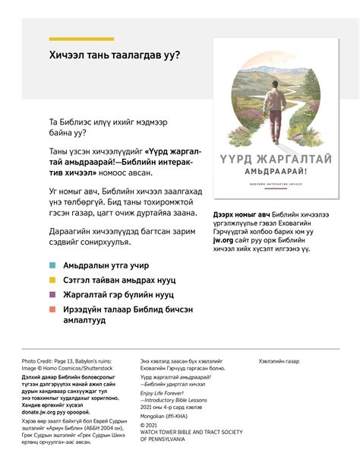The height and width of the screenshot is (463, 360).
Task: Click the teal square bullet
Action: tap(52, 265)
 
